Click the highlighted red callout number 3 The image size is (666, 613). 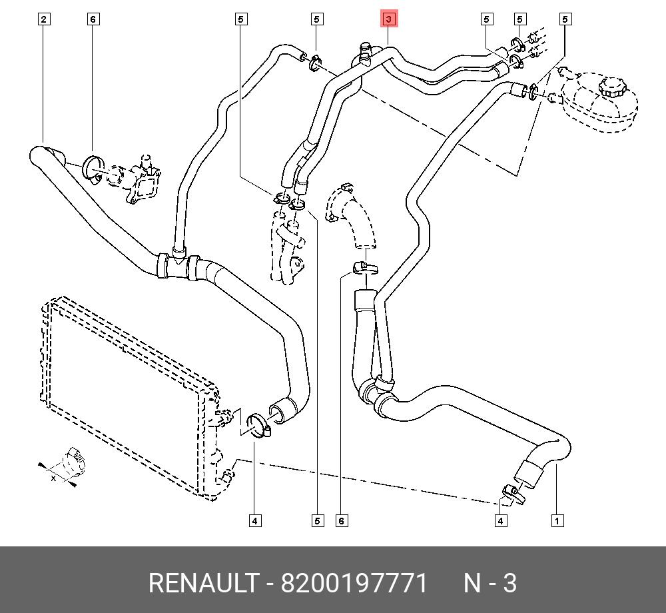389,19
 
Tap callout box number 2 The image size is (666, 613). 44,19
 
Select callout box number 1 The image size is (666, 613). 557,520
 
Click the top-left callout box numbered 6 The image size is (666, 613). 93,19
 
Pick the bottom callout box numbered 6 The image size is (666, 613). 342,520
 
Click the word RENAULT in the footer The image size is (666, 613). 203,582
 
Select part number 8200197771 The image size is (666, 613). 354,582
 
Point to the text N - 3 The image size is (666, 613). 490,582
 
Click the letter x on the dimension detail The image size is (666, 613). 53,478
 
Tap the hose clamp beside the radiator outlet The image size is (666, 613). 257,425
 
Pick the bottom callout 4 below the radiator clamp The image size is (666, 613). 255,520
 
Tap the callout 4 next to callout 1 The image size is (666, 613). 501,520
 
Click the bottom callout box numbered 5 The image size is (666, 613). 317,520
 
